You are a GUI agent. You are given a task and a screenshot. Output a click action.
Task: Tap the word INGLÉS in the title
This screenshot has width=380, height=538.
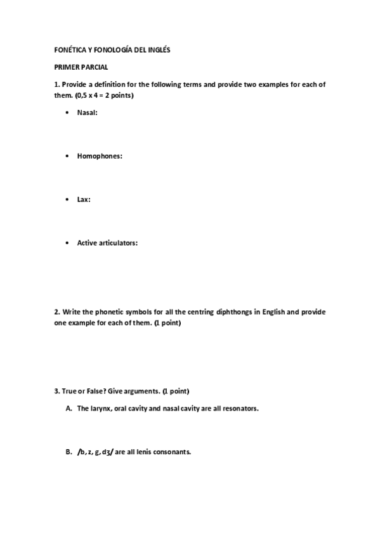pos(158,49)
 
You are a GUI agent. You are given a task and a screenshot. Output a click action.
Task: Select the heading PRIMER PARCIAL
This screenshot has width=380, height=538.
pos(81,67)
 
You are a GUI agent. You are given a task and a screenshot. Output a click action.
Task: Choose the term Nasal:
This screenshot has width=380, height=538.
pos(88,113)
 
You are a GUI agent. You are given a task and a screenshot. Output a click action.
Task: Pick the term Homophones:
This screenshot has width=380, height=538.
pos(100,156)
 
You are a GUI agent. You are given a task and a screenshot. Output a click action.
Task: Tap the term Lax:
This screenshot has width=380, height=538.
pos(84,199)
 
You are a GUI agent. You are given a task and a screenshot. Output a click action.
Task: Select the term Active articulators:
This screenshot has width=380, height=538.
pos(107,242)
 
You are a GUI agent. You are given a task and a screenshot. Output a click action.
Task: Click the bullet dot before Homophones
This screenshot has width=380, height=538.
pos(67,156)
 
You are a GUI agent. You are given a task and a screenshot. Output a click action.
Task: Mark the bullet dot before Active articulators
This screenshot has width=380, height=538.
pos(67,242)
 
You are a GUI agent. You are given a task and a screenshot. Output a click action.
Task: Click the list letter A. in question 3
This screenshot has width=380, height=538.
pos(69,409)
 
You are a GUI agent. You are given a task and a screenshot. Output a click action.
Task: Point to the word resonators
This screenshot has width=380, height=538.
pos(239,409)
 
